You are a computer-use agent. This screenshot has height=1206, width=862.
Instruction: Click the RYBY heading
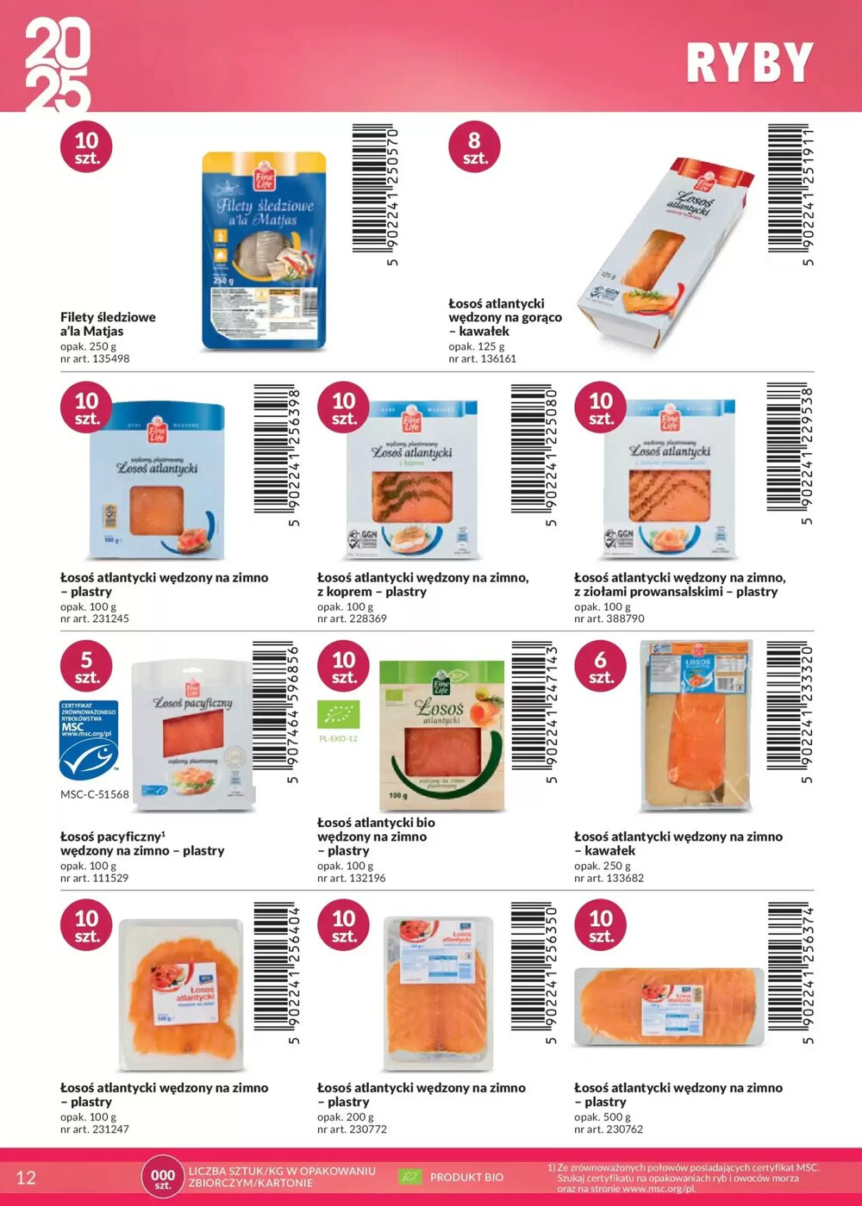coord(749,63)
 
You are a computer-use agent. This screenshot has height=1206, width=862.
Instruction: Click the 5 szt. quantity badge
coord(86,667)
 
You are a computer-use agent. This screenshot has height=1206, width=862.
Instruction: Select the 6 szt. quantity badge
coord(600,667)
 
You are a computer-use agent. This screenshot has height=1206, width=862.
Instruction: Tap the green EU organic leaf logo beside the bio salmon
coord(338,714)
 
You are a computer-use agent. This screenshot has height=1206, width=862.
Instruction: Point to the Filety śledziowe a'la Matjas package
coord(264,251)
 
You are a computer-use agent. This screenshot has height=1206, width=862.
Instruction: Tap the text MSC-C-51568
coord(95,794)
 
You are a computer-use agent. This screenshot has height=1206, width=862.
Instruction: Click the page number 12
coord(26,1178)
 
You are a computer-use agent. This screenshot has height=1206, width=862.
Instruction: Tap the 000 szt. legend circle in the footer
coord(163,1178)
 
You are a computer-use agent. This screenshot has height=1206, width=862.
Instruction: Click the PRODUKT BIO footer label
coord(466,1177)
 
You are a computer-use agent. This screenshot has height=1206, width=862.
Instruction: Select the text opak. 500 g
coord(603,1116)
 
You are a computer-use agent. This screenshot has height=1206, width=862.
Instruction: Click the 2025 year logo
coord(57,66)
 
